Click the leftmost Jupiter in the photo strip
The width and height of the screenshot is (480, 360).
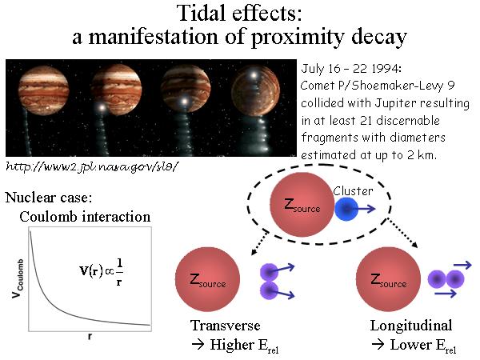click(x=43, y=90)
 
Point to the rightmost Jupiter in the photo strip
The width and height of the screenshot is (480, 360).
click(x=255, y=91)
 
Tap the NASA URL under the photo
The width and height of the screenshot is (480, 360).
click(x=92, y=166)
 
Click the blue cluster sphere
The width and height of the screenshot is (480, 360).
click(x=346, y=209)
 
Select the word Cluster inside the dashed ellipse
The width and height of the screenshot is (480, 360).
click(x=353, y=191)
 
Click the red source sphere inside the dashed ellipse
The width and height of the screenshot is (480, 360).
click(x=302, y=205)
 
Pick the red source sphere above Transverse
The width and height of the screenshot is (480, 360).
click(x=207, y=279)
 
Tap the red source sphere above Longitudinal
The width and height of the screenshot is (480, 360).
click(x=388, y=279)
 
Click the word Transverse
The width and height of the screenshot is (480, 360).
click(x=226, y=326)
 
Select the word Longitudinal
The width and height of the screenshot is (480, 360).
click(x=411, y=326)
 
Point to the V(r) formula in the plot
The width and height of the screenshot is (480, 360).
click(x=102, y=272)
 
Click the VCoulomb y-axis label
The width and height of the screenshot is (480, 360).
click(x=18, y=278)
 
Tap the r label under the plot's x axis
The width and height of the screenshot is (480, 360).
click(x=90, y=337)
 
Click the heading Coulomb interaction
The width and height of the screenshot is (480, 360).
click(x=85, y=217)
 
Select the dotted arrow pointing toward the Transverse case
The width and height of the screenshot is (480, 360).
click(x=259, y=243)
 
